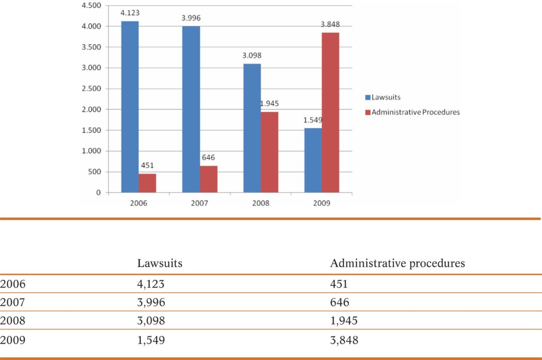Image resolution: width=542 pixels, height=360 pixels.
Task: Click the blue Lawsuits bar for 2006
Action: tap(130, 106)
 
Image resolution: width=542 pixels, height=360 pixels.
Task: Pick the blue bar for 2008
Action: tap(252, 128)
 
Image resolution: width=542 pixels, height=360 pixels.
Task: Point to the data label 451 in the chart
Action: tap(147, 165)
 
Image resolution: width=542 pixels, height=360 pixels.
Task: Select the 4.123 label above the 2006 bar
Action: tap(130, 13)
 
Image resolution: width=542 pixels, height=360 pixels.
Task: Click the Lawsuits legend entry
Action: tap(385, 97)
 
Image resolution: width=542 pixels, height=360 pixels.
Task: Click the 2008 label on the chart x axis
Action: tap(260, 203)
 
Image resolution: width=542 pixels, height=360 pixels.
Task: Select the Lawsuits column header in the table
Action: tap(160, 263)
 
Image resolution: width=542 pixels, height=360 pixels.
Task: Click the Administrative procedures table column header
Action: tap(397, 263)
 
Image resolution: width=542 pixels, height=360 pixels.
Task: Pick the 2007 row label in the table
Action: tap(13, 302)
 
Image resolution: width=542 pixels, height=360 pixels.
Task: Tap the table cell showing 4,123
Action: tap(151, 284)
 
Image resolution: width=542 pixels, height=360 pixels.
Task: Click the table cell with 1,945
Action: tap(344, 321)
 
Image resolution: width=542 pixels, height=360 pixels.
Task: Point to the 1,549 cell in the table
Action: tap(151, 340)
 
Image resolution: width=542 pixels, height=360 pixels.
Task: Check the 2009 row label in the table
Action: tap(13, 340)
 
